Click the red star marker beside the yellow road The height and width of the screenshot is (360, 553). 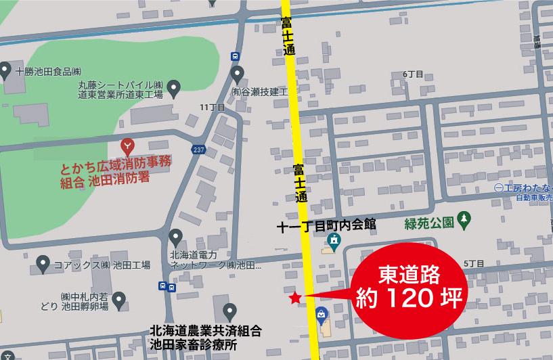coord(294,297)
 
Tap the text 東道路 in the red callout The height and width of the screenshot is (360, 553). coord(409,275)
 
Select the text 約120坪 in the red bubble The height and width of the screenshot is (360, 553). coord(410,298)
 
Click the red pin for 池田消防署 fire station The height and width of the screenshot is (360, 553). coord(127,144)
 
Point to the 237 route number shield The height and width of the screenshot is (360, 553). coord(198,150)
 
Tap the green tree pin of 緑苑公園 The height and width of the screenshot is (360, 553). coord(464,218)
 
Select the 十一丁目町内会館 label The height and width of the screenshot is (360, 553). coord(326,226)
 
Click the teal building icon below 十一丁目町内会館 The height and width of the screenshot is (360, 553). coord(334,240)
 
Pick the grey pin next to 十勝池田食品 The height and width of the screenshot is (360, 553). coord(5,70)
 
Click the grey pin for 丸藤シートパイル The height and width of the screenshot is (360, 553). coord(174,86)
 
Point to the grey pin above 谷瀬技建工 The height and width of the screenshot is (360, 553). coord(237,73)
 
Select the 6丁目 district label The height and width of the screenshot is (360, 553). coord(412,74)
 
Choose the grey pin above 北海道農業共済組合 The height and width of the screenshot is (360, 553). coord(230,312)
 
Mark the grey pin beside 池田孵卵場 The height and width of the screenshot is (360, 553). coord(119,298)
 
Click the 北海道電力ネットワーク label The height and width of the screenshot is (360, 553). coord(211,260)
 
